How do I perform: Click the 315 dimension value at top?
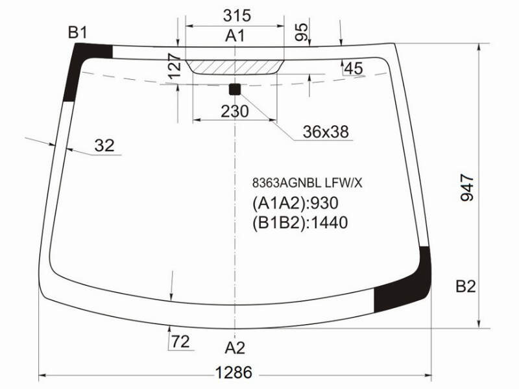pyautogui.click(x=237, y=15)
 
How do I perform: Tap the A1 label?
pyautogui.click(x=235, y=36)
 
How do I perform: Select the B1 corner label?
pyautogui.click(x=77, y=33)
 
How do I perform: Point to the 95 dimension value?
pyautogui.click(x=301, y=32)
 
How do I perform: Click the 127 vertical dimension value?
pyautogui.click(x=175, y=66)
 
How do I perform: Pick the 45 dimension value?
pyautogui.click(x=354, y=69)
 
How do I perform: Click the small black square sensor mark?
pyautogui.click(x=235, y=89)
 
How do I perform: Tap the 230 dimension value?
pyautogui.click(x=234, y=112)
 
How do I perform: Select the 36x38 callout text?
pyautogui.click(x=326, y=132)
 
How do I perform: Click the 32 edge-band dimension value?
pyautogui.click(x=104, y=145)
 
